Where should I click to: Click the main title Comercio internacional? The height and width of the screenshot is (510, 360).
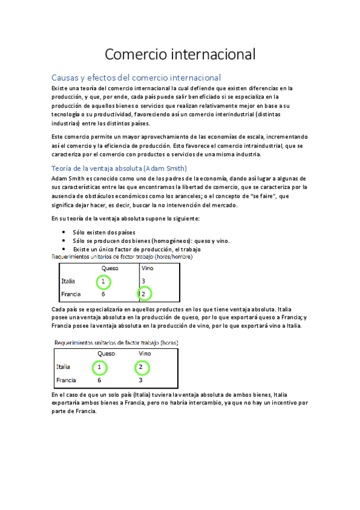tap(180, 54)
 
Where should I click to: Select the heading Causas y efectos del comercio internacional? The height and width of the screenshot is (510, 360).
tap(136, 78)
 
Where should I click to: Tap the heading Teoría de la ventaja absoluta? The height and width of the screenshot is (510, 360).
tap(120, 168)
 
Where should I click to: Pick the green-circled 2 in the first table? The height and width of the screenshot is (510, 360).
tap(144, 293)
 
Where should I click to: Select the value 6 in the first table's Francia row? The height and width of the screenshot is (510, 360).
tap(103, 294)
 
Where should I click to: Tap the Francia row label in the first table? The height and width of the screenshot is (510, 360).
tap(71, 294)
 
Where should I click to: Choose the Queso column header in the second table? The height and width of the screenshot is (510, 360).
tap(106, 354)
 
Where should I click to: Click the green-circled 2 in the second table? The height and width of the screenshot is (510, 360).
tap(140, 366)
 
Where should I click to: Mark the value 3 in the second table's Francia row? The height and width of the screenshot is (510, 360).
tap(140, 380)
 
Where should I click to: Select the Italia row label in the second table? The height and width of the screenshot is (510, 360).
tap(63, 366)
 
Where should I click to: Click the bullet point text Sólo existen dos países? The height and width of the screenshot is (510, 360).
tap(103, 232)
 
